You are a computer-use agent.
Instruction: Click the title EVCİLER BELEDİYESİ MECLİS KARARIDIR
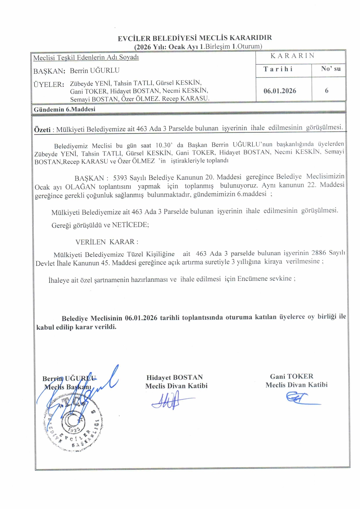pos(195,38)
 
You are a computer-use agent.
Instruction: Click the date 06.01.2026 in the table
pos(280,91)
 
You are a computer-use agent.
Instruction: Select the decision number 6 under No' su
pos(327,91)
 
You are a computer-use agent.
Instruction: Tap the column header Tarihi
pos(278,69)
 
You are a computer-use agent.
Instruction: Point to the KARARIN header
pos(292,56)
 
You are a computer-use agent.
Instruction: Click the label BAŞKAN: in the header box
pos(49,71)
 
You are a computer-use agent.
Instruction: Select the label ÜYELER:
pos(49,84)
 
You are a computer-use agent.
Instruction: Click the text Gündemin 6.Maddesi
pos(64,109)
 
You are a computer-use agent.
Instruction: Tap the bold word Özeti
pos(42,130)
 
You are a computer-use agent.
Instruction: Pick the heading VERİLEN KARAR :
pos(107,242)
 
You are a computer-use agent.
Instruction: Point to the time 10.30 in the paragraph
pos(164,145)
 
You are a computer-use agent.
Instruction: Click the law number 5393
pos(120,178)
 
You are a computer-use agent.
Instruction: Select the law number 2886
pos(318,253)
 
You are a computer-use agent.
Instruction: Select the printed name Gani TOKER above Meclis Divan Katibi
pos(291,376)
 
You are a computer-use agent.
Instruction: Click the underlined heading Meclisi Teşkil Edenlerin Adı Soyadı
pos(86,57)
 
